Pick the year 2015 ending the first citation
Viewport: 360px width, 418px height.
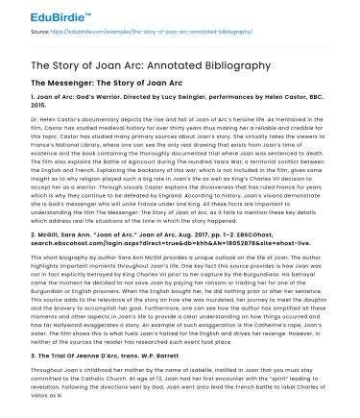pos(28,110)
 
